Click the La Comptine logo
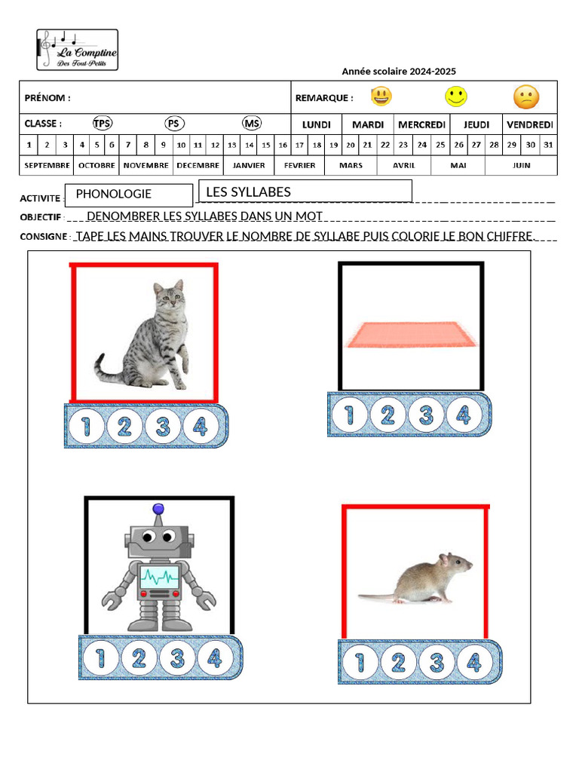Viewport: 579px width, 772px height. tap(78, 50)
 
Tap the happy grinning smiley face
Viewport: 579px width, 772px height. tap(381, 96)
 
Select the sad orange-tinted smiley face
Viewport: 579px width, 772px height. tap(526, 96)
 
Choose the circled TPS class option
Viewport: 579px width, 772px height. tap(102, 124)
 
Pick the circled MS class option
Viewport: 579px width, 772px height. tap(252, 124)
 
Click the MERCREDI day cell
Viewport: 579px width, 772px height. tap(421, 124)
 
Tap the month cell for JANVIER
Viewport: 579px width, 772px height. tap(249, 165)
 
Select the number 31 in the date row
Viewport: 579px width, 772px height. tap(548, 145)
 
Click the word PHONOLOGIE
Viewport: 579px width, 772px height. tap(114, 194)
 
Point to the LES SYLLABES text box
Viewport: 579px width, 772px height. tap(305, 191)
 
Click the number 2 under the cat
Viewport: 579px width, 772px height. tap(124, 427)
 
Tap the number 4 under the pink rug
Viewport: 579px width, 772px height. tap(464, 415)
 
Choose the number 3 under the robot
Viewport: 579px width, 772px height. tap(177, 658)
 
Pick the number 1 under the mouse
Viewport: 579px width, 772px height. tap(361, 662)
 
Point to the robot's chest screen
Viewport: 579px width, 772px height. tap(159, 578)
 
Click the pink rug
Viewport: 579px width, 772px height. tap(411, 335)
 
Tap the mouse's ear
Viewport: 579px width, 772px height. tap(446, 559)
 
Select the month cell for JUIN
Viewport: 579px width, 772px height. tap(521, 165)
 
